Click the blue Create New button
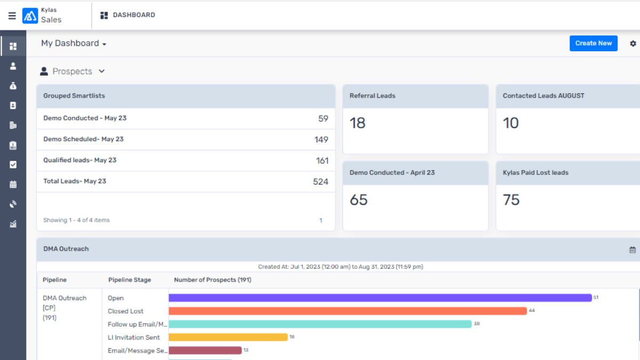pos(593,43)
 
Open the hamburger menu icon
pos(12,15)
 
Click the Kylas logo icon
pos(30,15)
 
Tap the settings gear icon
pos(633,43)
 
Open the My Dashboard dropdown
pos(74,43)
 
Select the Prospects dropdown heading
pos(73,71)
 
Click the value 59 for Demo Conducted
pos(323,118)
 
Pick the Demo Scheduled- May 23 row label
pos(83,139)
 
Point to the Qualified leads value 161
pos(322,161)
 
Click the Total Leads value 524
pos(321,181)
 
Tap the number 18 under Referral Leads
pos(357,123)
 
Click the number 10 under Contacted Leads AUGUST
pos(510,123)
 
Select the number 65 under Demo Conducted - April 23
pos(358,200)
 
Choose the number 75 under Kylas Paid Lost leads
pos(511,200)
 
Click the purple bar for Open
pos(380,298)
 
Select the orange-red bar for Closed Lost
pos(348,311)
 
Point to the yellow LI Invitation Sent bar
pos(228,337)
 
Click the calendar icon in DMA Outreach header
pos(633,250)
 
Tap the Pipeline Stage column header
pos(130,280)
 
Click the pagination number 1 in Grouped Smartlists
pos(321,220)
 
